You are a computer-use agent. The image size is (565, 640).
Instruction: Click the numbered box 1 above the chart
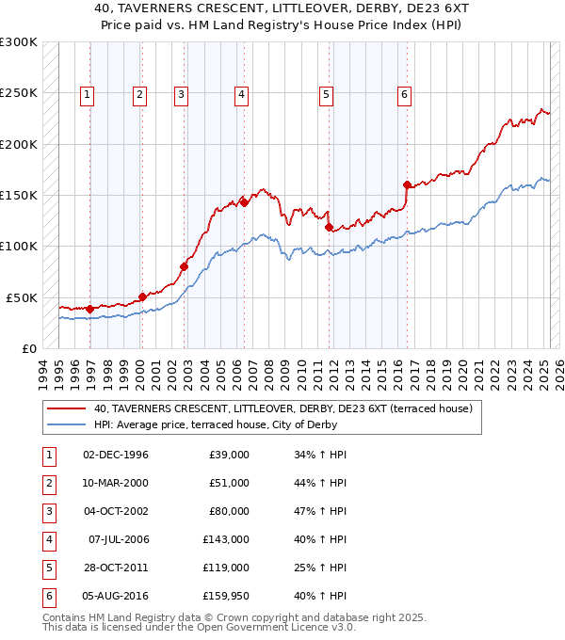pos(87,94)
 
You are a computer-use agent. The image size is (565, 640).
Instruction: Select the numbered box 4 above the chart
pos(242,94)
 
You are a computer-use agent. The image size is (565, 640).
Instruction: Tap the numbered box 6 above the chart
pos(404,94)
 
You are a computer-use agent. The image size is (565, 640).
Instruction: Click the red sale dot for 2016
pos(407,184)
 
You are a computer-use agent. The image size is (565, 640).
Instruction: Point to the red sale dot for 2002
pos(184,266)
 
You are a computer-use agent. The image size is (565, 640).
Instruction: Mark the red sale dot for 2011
pos(329,227)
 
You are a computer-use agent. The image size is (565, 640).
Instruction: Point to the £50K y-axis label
pos(21,297)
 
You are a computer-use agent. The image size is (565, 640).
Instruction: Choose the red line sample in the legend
pos(66,408)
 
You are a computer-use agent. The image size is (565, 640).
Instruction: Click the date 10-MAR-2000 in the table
pos(116,483)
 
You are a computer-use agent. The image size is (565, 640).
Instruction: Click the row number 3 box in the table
pos(47,511)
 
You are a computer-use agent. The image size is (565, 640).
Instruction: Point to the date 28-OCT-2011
pos(116,568)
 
